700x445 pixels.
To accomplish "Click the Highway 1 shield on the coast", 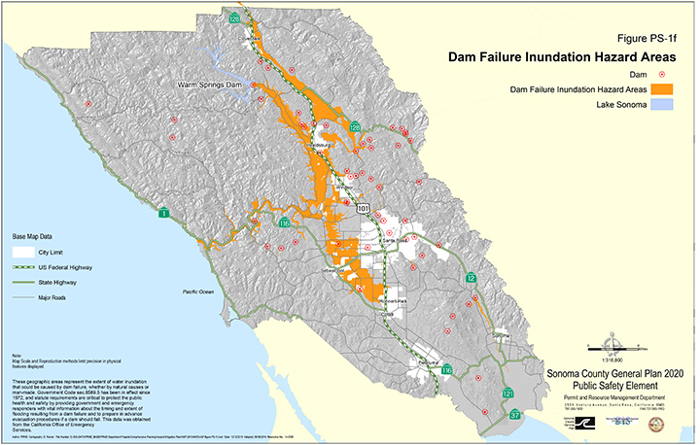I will click(164, 213).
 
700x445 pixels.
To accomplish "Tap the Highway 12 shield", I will click(472, 278).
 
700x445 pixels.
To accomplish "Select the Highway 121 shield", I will click(507, 393).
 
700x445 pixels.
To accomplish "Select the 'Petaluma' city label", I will click(415, 362).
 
